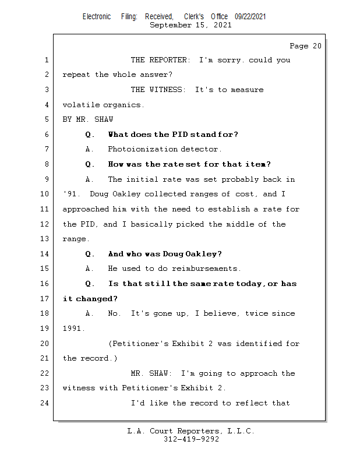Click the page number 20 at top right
point(317,46)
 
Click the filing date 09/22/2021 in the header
point(250,17)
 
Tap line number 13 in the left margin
point(44,239)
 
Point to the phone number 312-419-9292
point(191,439)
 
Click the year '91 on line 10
point(69,194)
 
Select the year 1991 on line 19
point(72,329)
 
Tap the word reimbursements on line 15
point(205,269)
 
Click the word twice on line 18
point(256,313)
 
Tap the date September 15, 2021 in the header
point(190,25)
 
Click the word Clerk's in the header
point(194,17)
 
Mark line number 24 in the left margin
point(44,403)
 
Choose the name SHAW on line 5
point(104,119)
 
